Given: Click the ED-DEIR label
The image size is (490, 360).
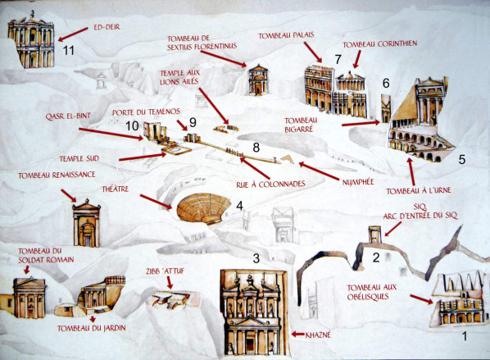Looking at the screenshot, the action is point(107,27).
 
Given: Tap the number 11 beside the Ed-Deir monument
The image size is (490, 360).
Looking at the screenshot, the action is point(69,50).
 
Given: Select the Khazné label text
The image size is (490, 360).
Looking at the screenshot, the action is point(317,335).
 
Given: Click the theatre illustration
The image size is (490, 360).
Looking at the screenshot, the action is point(204,208).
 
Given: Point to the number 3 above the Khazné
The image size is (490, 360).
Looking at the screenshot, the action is point(256,258).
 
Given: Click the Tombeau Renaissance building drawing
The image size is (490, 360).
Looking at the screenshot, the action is point(87,223).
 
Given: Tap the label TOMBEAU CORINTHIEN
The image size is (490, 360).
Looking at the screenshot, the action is point(380,44).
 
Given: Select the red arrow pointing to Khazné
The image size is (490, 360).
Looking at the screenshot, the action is point(297,335).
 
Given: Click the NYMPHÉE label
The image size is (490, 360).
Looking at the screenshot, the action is point(358,182).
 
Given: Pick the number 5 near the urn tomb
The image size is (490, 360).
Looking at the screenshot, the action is point(462,160).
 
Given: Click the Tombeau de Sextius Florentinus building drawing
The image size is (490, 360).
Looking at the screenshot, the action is point(258,80).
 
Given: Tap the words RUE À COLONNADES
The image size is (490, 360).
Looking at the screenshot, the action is point(270,185).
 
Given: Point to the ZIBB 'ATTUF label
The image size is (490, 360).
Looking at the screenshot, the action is point(165,271).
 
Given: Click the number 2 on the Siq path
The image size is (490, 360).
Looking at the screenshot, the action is point(376,257).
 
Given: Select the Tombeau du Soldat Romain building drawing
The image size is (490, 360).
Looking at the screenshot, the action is point(29,297).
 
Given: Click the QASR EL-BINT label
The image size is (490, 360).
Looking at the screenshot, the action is point(68,116).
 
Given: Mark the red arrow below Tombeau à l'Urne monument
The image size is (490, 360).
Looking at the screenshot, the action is point(411,171).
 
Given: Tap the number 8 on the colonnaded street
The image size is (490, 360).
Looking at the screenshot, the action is point(256,148).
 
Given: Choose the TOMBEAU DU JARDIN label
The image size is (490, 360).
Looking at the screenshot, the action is point(92,328).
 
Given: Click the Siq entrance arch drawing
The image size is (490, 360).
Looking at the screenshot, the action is point(374,235).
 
